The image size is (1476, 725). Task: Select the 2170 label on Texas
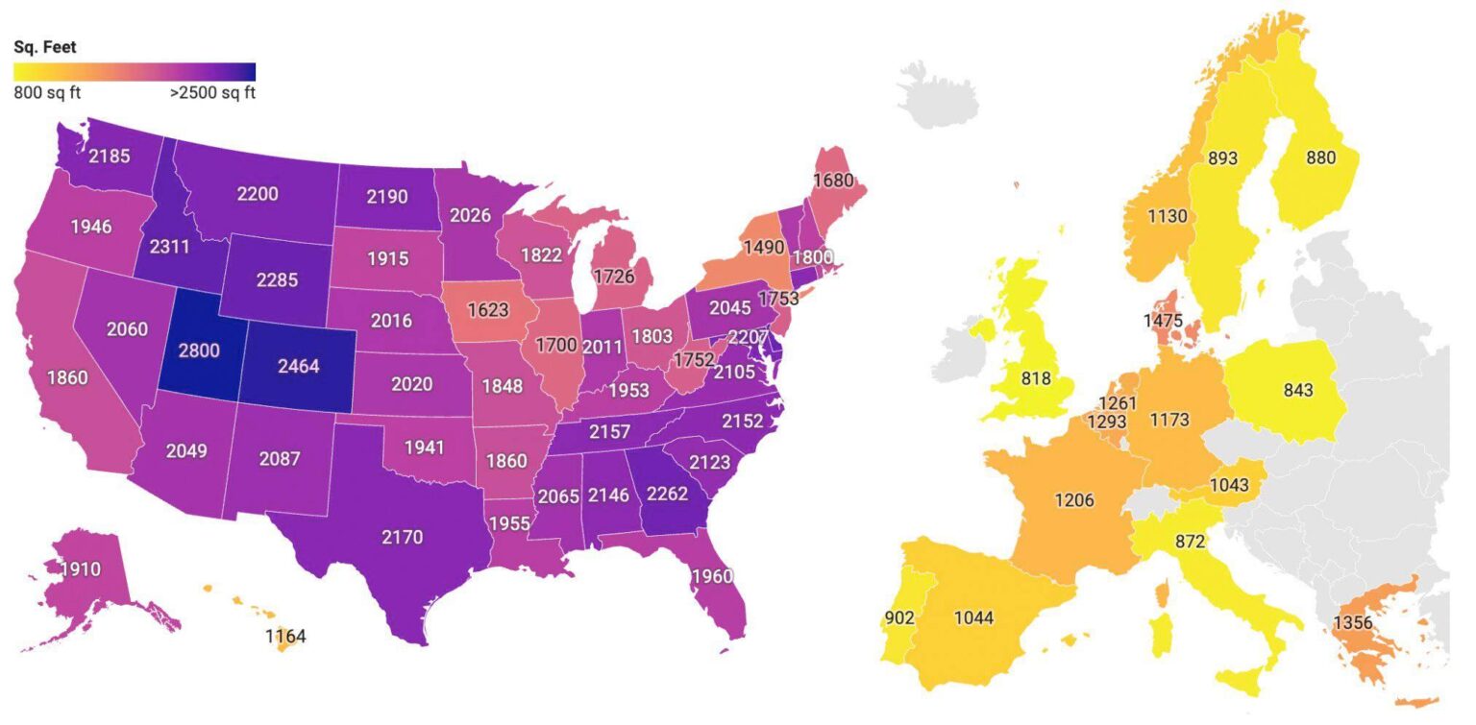point(402,537)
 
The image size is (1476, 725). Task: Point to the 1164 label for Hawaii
point(285,636)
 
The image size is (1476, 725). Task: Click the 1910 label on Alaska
point(81,569)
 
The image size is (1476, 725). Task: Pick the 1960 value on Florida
point(711,576)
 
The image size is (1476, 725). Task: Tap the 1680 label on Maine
point(833,180)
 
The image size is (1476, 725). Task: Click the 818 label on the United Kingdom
point(1035,378)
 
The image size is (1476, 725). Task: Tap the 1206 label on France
point(1074,499)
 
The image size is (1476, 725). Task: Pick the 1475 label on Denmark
point(1164,320)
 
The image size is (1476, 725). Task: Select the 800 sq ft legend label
point(47,93)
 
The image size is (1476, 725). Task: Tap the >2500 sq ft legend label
point(211,93)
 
